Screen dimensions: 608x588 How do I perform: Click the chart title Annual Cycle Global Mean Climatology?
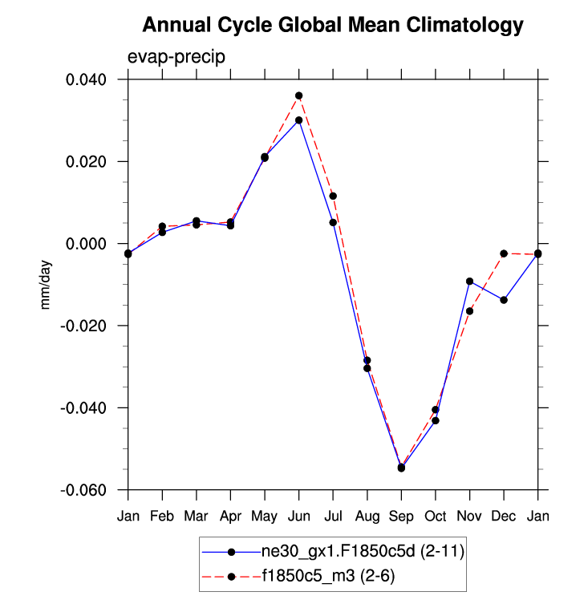(332, 26)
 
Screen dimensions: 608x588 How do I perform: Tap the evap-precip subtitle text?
(176, 57)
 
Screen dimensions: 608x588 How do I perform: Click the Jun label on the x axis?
(298, 516)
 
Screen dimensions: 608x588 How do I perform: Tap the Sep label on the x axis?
(401, 516)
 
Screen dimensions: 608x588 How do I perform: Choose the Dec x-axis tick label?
(503, 516)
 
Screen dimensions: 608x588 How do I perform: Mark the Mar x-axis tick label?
(196, 516)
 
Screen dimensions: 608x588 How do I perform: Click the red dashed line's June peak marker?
(298, 95)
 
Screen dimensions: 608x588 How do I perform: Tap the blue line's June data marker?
(298, 120)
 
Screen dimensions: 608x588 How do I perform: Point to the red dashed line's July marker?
(333, 196)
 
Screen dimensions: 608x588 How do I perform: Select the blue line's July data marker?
(333, 222)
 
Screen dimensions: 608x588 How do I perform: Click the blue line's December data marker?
(504, 300)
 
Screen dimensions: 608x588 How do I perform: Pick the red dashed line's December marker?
(504, 253)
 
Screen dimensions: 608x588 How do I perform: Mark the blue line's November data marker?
(469, 282)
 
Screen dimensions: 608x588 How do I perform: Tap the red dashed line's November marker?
(469, 311)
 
